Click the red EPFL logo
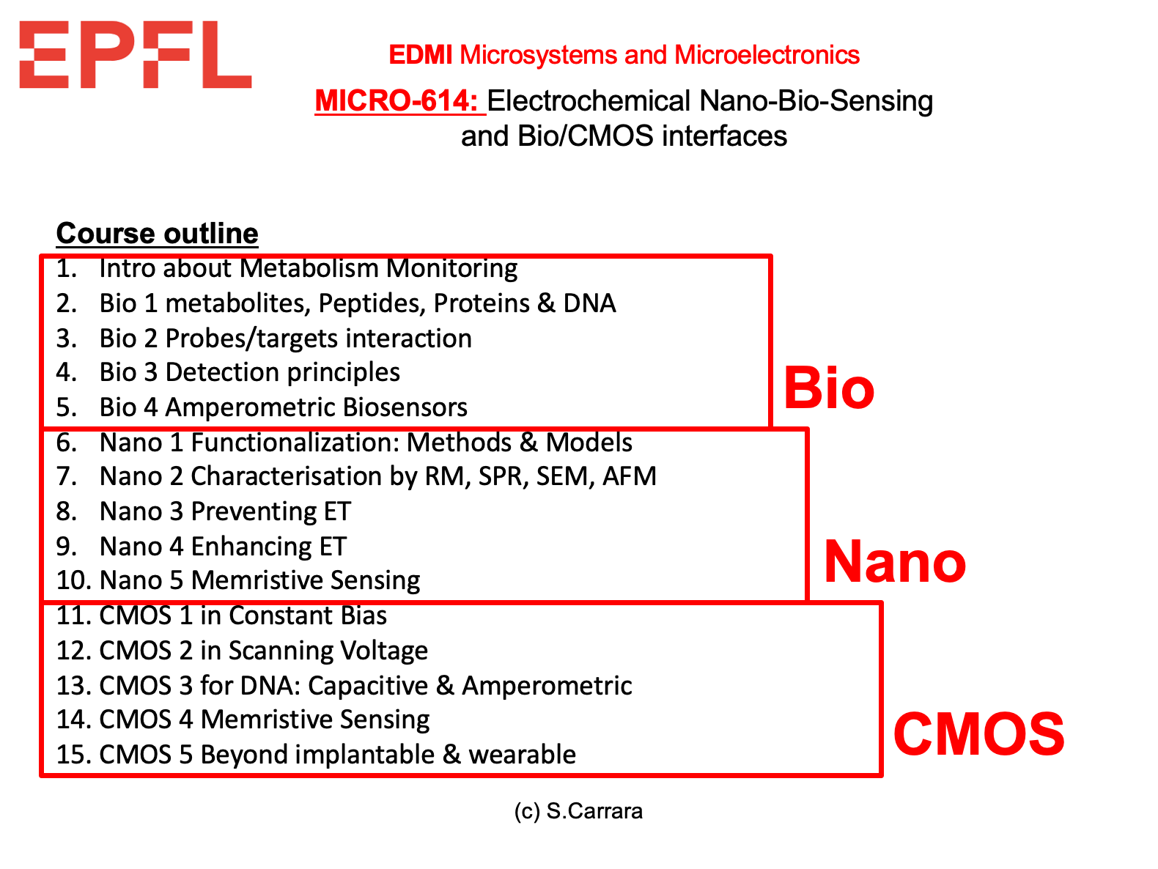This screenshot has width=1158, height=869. point(135,54)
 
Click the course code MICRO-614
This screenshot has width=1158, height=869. point(397,100)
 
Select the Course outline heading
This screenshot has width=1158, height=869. point(158,233)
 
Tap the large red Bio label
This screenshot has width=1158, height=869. point(829,388)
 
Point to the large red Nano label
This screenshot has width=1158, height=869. point(895,561)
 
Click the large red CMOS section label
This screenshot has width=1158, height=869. point(978,733)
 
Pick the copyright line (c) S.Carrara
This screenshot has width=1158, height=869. point(578,811)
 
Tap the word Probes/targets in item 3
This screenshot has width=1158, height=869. point(251,339)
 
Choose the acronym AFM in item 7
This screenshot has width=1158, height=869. point(630,476)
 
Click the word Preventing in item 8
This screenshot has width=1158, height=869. point(254,511)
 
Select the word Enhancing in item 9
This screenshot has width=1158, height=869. point(251,547)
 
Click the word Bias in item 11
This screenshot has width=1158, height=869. point(364,615)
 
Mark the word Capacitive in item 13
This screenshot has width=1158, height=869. point(368,686)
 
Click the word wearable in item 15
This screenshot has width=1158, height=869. point(523,755)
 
